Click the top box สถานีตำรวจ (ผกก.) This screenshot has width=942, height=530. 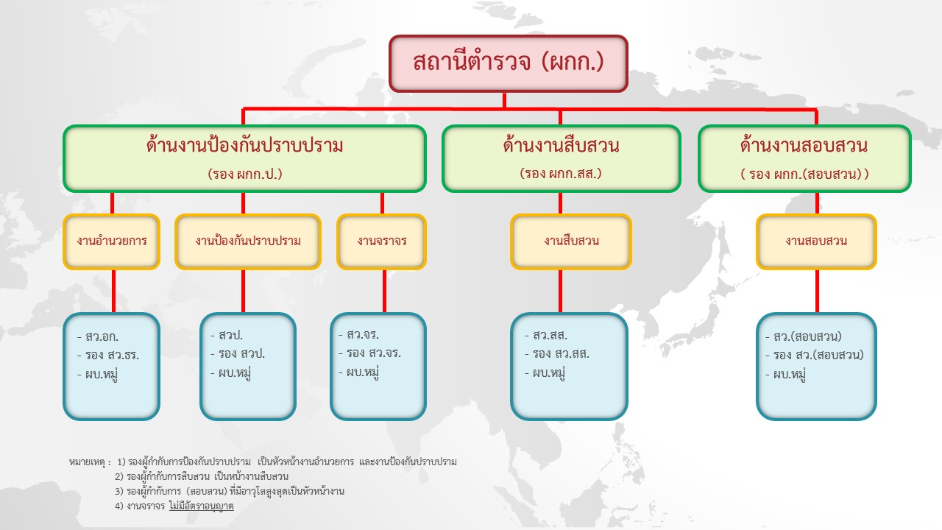click(509, 63)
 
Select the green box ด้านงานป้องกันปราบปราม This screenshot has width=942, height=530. click(245, 158)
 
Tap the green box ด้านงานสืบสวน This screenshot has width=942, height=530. click(562, 158)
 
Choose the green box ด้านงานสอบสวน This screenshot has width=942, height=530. click(804, 158)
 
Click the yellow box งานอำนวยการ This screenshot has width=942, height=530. click(111, 241)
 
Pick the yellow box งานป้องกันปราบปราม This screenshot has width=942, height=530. click(248, 241)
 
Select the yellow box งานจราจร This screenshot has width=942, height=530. click(382, 241)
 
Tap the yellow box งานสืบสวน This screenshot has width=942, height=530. click(571, 241)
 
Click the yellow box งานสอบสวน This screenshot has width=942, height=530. click(816, 241)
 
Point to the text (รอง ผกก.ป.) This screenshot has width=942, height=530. click(245, 174)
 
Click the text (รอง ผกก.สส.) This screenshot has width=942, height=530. click(561, 173)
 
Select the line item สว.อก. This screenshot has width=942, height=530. click(102, 336)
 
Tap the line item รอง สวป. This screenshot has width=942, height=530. click(241, 353)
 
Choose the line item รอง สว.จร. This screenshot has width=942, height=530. click(372, 353)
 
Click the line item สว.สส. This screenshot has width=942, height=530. click(550, 335)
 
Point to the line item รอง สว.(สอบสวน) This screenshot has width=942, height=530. click(818, 355)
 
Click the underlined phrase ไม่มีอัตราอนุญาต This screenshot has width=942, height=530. click(202, 506)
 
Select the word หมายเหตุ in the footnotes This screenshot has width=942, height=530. click(87, 462)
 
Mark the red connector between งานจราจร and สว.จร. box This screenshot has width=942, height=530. click(384, 291)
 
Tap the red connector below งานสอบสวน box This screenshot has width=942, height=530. click(817, 291)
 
